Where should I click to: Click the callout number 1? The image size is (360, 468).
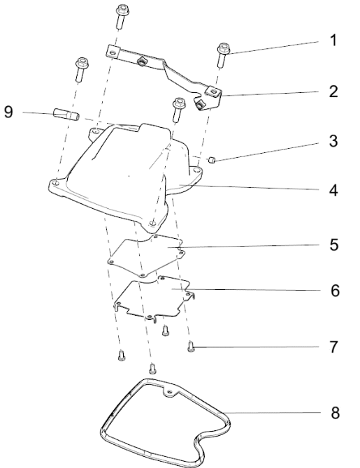point(333,41)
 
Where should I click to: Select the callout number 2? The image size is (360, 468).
point(333,92)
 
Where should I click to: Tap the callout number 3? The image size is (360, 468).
point(333,141)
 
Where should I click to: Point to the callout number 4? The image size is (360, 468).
point(333,191)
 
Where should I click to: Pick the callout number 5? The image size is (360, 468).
point(334,244)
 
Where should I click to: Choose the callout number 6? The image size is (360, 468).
point(336,291)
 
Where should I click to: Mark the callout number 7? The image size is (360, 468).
point(333,347)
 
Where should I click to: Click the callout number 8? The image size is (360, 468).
point(336,413)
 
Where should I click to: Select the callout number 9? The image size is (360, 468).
point(8,112)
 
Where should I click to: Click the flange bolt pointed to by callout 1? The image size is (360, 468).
point(223,55)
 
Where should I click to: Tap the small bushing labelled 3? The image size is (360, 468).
point(212,160)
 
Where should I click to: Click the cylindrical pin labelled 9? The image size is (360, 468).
point(66,115)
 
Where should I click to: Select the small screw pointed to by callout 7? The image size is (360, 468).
point(191,347)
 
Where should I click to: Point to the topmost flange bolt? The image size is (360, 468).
point(122,17)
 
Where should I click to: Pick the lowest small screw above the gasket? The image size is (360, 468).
point(152,368)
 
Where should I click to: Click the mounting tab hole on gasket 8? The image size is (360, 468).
point(170,392)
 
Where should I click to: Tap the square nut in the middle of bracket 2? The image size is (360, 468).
point(141,61)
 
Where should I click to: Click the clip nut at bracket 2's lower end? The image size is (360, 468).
point(199,105)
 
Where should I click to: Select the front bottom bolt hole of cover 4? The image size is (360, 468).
point(152,223)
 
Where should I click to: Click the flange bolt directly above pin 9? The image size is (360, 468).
point(82,70)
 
